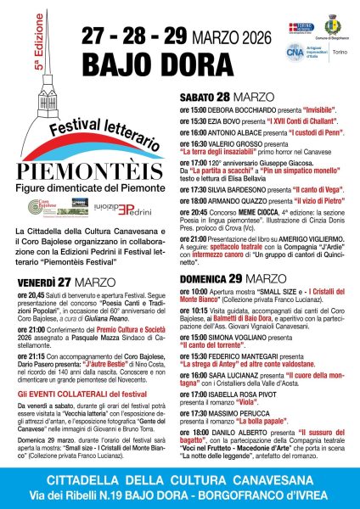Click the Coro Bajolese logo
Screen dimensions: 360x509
coord(42,208)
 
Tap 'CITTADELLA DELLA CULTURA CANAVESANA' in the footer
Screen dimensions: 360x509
coord(181,482)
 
